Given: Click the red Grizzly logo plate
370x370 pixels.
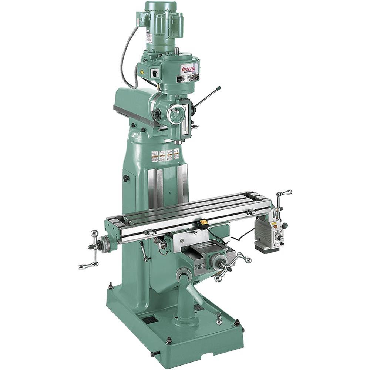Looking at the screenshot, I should tap(189, 69).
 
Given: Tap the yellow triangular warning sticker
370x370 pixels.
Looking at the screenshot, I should tap(142, 72).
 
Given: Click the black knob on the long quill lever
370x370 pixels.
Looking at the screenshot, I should tap(219, 88).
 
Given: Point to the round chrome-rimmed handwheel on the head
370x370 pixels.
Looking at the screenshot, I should tap(176, 114).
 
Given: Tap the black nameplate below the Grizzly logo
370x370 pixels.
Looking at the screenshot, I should tap(188, 78).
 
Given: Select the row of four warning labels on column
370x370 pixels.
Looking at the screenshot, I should tap(165, 155).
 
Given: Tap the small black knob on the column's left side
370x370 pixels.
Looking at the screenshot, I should tap(126, 178).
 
